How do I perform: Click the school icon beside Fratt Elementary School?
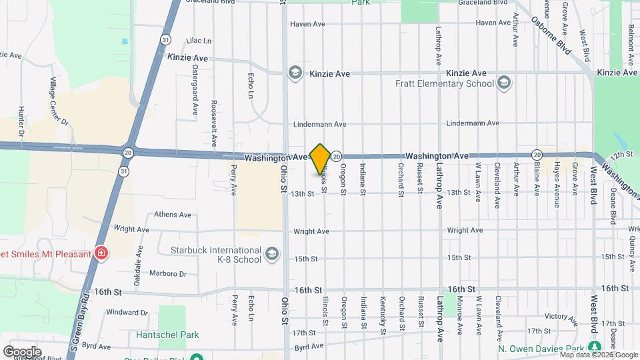point(504,83)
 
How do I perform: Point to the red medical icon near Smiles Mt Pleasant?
point(101,253)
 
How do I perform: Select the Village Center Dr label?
point(59,101)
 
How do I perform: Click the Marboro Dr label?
point(168,273)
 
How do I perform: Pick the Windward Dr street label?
point(121,311)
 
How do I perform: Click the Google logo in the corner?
point(22,351)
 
